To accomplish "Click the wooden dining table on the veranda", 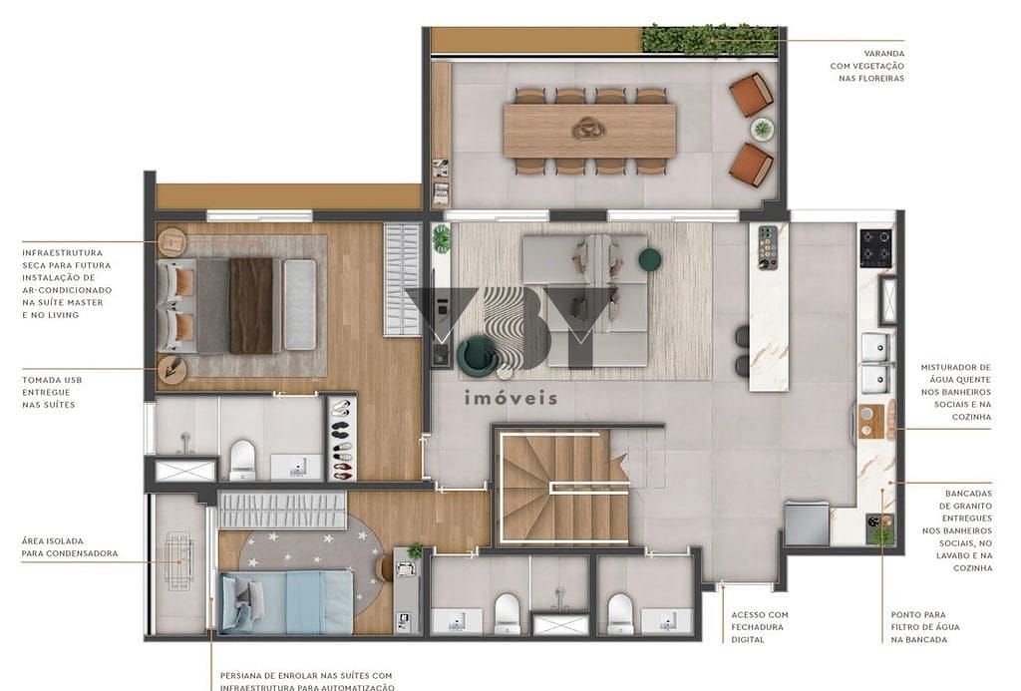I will click(589, 130).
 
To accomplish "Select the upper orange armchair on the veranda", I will click(751, 95).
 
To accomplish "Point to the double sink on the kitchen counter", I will click(875, 363).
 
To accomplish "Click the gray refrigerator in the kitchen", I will click(806, 522).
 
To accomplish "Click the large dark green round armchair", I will click(478, 355).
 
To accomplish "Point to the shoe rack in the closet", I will click(341, 439).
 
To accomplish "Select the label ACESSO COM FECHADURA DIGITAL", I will click(759, 627).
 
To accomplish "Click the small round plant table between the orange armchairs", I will click(762, 129).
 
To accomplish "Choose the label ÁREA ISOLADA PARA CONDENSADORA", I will click(69, 546).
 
